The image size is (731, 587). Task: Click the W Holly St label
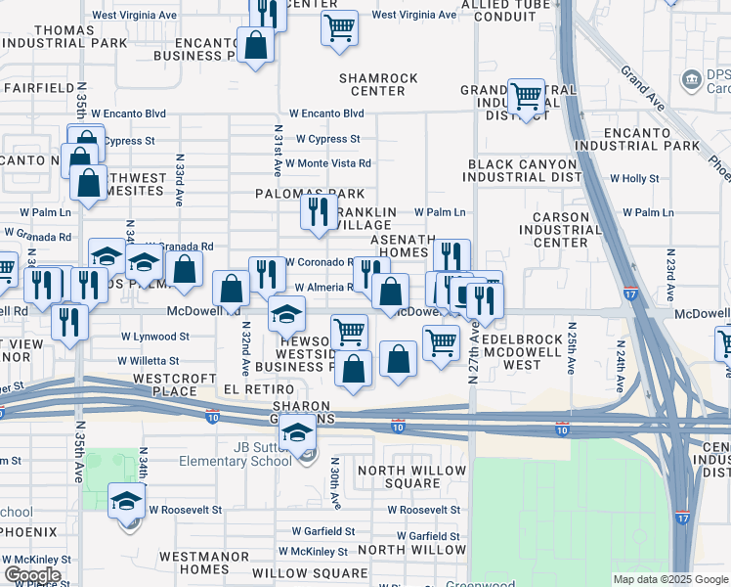pyautogui.click(x=634, y=179)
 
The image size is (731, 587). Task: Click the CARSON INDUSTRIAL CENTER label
pyautogui.click(x=561, y=229)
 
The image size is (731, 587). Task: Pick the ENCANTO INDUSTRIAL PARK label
pyautogui.click(x=652, y=139)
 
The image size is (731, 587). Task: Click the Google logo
pyautogui.click(x=32, y=575)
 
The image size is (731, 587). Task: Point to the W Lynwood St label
pyautogui.click(x=154, y=336)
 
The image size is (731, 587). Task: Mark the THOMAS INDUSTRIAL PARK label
pyautogui.click(x=66, y=37)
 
